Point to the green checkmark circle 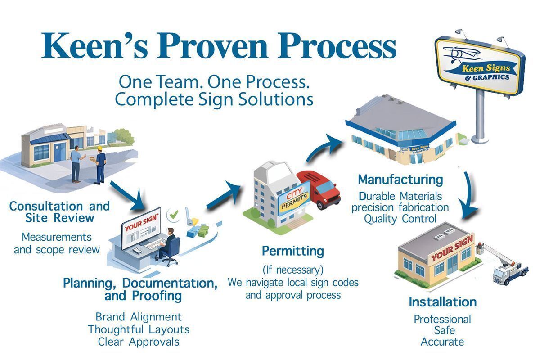pos(172,216)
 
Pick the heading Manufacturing pos(400,180)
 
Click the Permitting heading pos(292,251)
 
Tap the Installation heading pos(442,301)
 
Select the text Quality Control pos(400,219)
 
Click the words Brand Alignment pos(139,317)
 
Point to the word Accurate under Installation pos(442,342)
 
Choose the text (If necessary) pos(293,270)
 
